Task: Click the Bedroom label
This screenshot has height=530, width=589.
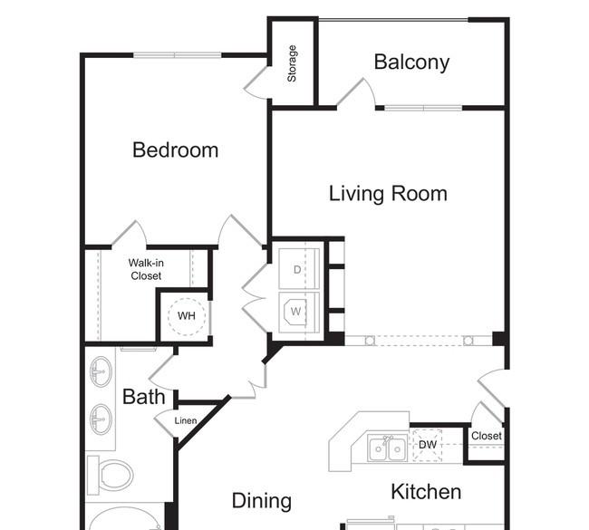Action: point(176,149)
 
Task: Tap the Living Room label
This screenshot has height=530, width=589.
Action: point(388,194)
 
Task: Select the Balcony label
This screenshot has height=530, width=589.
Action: point(411,62)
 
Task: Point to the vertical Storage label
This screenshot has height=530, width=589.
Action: point(292,63)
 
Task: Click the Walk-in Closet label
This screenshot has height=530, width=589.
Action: point(146,269)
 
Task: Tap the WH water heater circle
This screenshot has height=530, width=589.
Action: point(187,316)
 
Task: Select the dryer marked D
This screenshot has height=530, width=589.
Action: point(299,269)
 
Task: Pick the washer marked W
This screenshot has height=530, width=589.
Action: point(299,313)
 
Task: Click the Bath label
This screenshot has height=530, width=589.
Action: point(144,397)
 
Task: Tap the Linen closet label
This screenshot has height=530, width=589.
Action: point(186,420)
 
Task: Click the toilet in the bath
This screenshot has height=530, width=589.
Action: point(110,475)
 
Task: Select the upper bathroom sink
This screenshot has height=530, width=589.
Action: point(101,371)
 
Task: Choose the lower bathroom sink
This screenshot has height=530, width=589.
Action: point(101,419)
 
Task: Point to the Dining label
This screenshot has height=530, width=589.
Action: point(262,501)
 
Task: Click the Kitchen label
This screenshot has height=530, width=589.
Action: point(426,492)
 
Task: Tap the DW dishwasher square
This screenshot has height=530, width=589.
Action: point(428,445)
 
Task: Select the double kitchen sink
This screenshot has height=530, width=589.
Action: point(387,448)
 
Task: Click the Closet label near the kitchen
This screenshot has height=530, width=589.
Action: point(487,436)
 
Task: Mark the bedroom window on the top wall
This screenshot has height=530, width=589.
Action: point(178,55)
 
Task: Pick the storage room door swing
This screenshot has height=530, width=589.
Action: point(256,83)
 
